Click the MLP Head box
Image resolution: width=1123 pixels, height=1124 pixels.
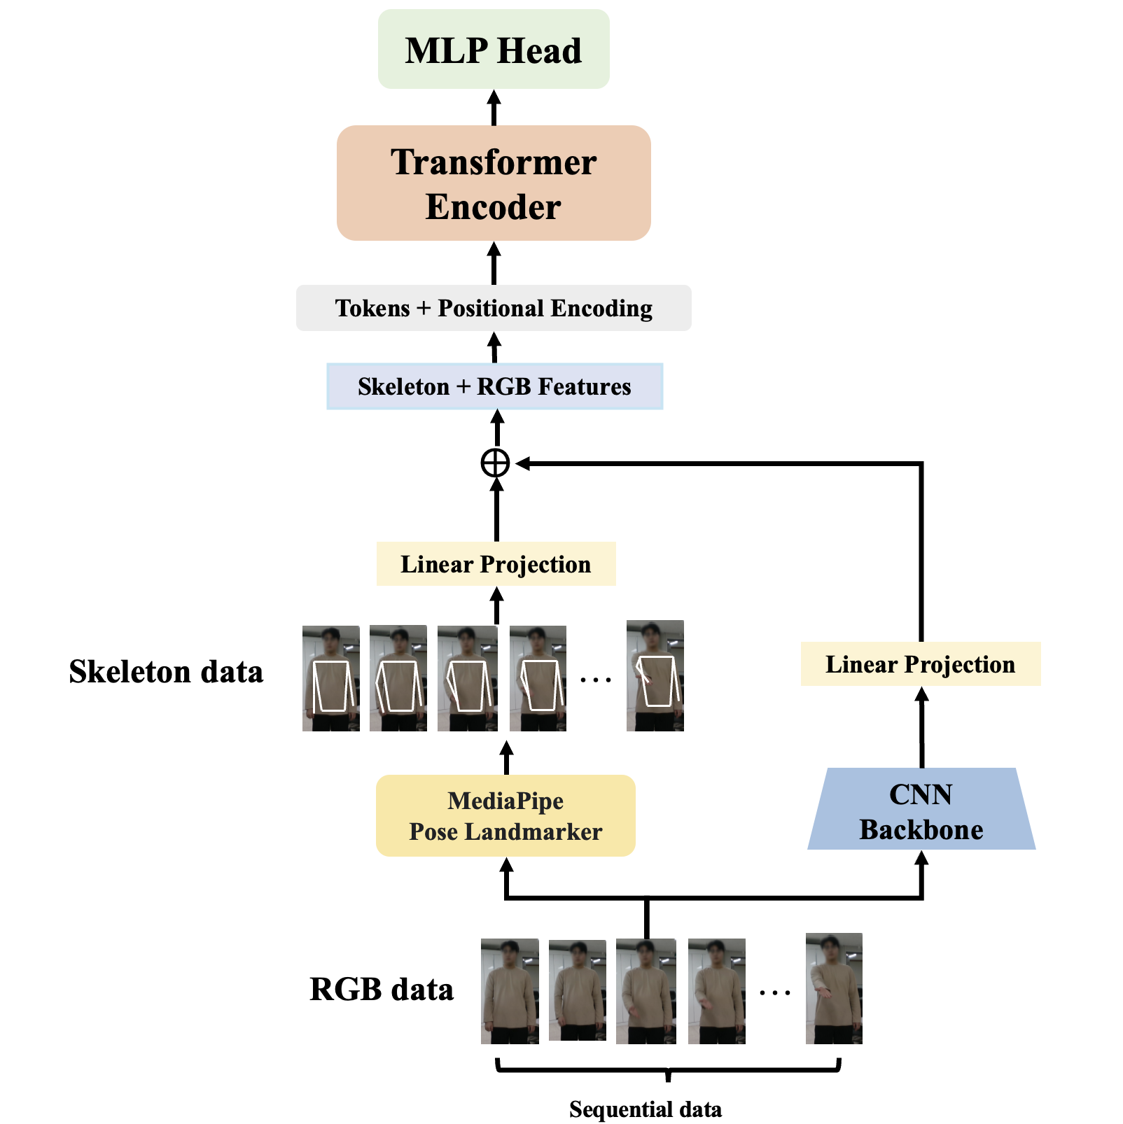[x=494, y=50]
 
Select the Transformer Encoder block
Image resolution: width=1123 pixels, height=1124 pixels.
[x=494, y=183]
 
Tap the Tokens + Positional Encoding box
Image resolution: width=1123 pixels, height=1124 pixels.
[x=494, y=308]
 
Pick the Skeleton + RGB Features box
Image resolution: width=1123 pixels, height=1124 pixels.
[x=494, y=386]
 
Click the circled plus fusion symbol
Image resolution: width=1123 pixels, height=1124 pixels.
[x=495, y=463]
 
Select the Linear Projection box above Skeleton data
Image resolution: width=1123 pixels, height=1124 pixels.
[x=496, y=564]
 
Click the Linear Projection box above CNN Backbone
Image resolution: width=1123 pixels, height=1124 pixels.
[x=920, y=664]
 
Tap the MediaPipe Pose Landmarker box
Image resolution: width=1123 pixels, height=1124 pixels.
[x=505, y=816]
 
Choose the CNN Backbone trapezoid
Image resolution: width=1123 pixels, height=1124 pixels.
[x=921, y=810]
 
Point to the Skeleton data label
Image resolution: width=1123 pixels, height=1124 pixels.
[x=166, y=672]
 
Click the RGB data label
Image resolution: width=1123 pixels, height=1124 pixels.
[x=382, y=990]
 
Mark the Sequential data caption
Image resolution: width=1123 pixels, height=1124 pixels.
[x=645, y=1109]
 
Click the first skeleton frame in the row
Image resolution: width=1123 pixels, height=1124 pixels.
[x=331, y=678]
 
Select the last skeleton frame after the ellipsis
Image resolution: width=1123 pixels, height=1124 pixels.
[x=655, y=675]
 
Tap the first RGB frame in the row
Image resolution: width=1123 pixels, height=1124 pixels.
[x=510, y=991]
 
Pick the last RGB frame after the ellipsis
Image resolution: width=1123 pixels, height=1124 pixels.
[x=834, y=988]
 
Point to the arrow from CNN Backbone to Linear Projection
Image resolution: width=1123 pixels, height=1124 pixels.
[x=921, y=728]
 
